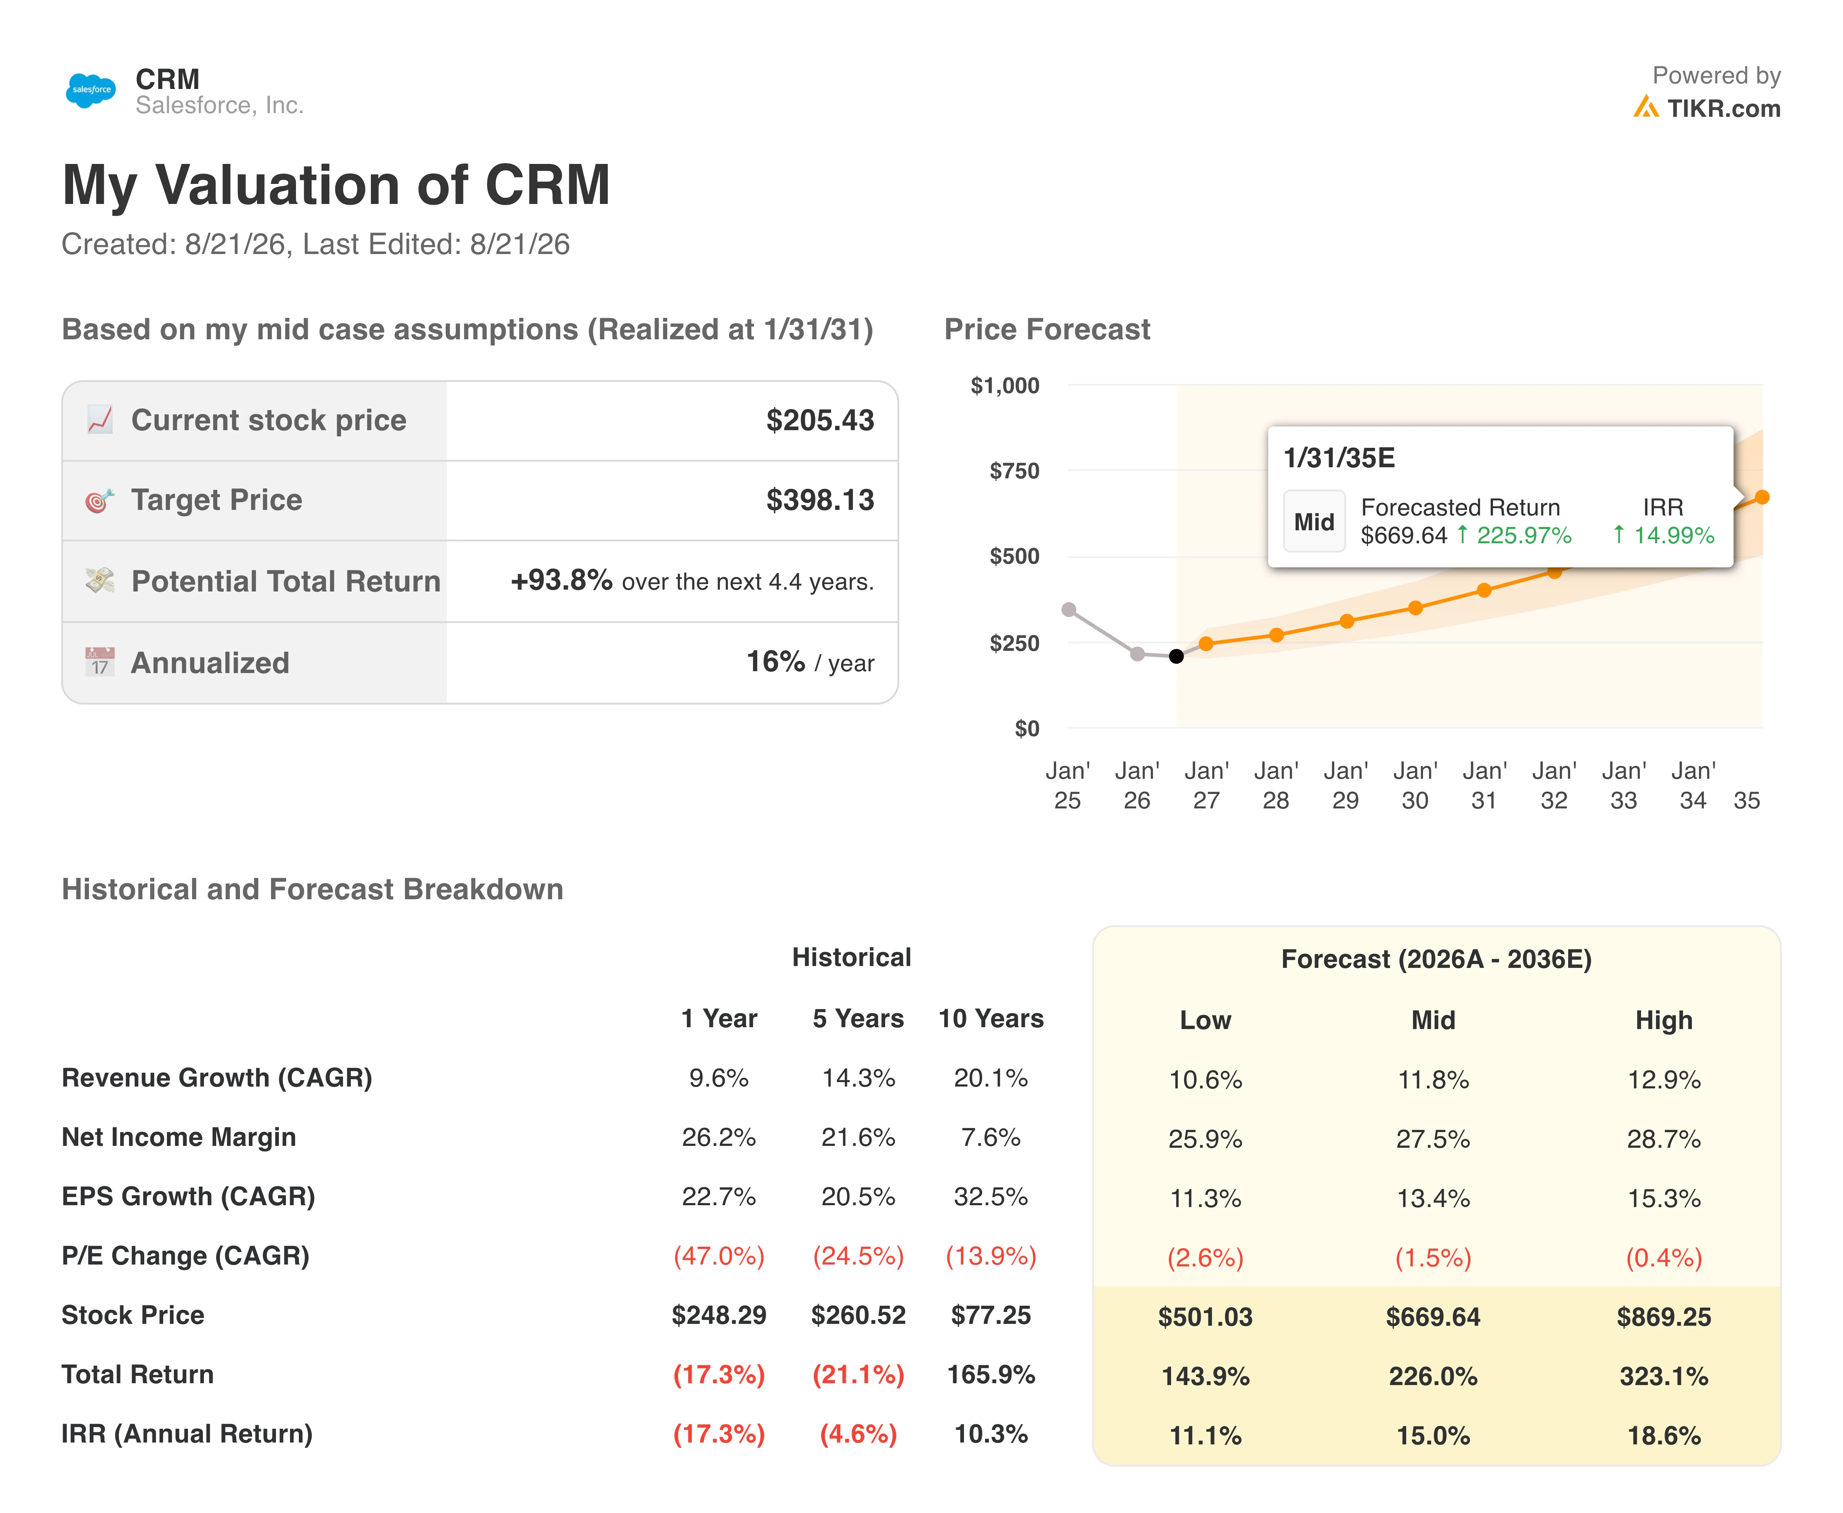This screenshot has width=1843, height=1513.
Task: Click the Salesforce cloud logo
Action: coord(90,90)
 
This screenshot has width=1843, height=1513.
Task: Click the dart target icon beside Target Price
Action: coord(99,500)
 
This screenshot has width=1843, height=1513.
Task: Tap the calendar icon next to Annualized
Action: coord(99,662)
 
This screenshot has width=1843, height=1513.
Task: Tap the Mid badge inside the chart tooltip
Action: coord(1314,522)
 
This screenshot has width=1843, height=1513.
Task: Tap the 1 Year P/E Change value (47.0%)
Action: coord(719,1256)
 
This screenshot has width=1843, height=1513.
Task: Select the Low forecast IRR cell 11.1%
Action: coord(1205,1435)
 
